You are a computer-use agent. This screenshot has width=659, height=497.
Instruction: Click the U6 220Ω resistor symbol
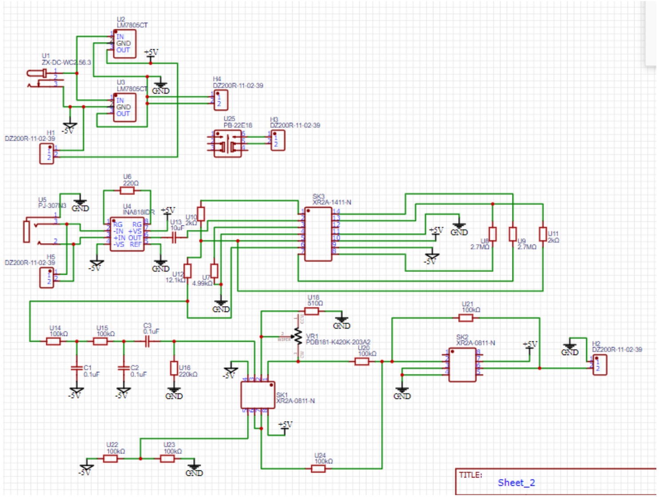pyautogui.click(x=127, y=191)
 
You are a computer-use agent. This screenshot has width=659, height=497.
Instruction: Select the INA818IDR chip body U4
pyautogui.click(x=127, y=234)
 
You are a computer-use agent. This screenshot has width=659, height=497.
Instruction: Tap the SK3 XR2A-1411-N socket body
pyautogui.click(x=318, y=234)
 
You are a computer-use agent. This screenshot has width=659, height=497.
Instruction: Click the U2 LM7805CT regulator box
pyautogui.click(x=125, y=43)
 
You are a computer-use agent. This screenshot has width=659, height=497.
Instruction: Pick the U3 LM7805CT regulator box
pyautogui.click(x=125, y=107)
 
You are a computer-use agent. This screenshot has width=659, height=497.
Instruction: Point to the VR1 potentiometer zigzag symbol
pyautogui.click(x=298, y=337)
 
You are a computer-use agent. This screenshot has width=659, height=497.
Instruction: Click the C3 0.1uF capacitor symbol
pyautogui.click(x=148, y=341)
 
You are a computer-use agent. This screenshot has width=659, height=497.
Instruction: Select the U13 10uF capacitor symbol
pyautogui.click(x=174, y=238)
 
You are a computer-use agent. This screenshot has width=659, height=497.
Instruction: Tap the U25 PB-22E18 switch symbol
pyautogui.click(x=228, y=144)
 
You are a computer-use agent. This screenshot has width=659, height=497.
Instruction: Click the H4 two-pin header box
pyautogui.click(x=221, y=100)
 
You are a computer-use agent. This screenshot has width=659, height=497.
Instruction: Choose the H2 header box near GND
pyautogui.click(x=599, y=365)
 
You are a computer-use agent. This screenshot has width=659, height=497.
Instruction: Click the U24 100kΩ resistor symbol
pyautogui.click(x=318, y=469)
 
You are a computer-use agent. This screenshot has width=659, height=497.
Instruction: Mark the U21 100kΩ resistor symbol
pyautogui.click(x=466, y=318)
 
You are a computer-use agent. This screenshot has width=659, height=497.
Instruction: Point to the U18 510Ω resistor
pyautogui.click(x=311, y=311)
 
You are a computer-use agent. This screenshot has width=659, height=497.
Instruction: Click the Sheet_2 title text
pyautogui.click(x=516, y=483)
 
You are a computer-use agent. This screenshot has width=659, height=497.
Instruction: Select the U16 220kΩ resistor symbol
pyautogui.click(x=174, y=368)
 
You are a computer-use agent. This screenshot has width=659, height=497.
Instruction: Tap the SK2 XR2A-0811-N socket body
pyautogui.click(x=462, y=365)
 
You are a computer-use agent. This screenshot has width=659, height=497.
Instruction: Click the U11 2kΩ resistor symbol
pyautogui.click(x=543, y=234)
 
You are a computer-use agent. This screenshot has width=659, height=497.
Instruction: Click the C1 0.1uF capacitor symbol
pyautogui.click(x=77, y=368)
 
